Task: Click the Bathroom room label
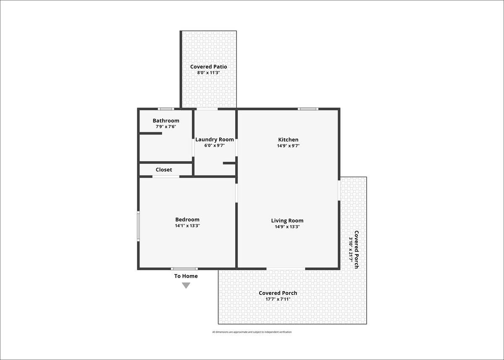166,121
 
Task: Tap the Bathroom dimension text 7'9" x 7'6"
166,127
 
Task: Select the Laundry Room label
215,140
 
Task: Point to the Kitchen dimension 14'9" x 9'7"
288,146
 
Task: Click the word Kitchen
288,139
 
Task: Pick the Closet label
164,170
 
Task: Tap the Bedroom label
187,219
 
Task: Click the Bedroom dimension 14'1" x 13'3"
187,226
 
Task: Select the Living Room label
287,221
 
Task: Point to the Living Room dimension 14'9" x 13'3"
287,227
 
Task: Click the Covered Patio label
209,67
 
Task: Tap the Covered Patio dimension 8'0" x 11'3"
209,73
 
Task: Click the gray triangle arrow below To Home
186,286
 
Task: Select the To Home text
186,276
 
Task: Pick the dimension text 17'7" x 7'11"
278,299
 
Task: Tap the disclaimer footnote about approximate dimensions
252,332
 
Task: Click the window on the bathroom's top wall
166,109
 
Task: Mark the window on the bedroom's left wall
138,226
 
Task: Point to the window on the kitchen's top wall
308,109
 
